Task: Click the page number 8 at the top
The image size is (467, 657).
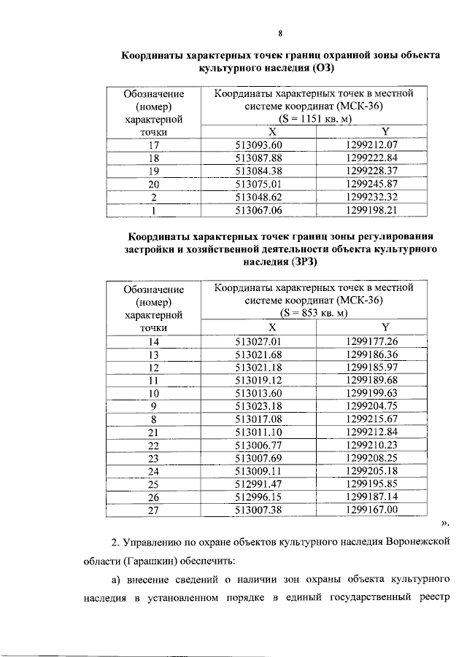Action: (x=280, y=32)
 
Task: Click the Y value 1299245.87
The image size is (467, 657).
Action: (x=371, y=184)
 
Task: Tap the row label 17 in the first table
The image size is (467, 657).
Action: (x=153, y=144)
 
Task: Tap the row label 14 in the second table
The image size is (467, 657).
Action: (x=153, y=341)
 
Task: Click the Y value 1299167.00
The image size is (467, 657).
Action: (x=371, y=510)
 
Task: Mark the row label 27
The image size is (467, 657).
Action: (x=153, y=510)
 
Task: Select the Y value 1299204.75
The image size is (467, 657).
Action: (x=371, y=406)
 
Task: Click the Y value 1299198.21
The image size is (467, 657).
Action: (x=371, y=211)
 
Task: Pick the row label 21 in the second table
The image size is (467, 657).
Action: (x=153, y=432)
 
